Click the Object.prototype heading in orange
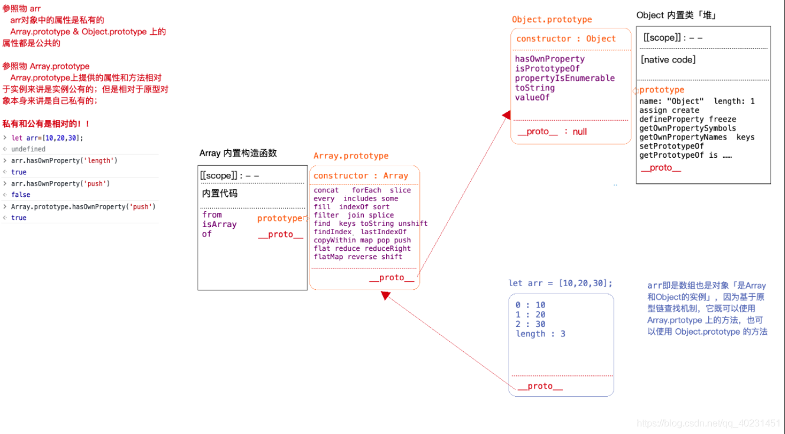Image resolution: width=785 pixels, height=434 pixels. tap(552, 20)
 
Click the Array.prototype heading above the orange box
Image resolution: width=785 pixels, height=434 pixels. tap(351, 156)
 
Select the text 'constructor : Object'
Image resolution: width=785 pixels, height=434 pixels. tap(566, 39)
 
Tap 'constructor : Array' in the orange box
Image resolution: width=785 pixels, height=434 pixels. tap(360, 176)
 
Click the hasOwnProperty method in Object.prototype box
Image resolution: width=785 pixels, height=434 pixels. tap(549, 59)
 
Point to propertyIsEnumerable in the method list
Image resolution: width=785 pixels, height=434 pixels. tap(565, 78)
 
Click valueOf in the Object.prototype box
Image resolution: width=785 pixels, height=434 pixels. tap(532, 98)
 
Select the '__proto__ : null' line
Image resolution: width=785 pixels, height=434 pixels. tap(552, 132)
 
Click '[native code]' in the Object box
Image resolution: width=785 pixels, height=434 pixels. tap(668, 60)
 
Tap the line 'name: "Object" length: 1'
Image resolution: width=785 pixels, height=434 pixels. tap(696, 102)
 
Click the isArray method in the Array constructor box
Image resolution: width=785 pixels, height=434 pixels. tap(219, 225)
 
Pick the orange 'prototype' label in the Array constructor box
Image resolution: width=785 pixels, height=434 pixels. tap(279, 219)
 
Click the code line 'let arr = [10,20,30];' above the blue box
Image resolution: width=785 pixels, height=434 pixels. tap(561, 283)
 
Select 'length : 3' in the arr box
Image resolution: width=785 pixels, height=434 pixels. tap(540, 334)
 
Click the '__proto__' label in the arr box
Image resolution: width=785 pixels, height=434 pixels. tap(540, 386)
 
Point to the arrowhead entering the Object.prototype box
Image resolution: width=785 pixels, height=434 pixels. tap(506, 115)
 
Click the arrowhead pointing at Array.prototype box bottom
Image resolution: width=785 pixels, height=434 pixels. tap(386, 295)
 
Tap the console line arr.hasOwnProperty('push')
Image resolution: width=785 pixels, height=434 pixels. tap(60, 184)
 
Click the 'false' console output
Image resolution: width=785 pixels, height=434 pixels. tap(21, 195)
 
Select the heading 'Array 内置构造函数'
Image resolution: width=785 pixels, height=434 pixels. tap(238, 153)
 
